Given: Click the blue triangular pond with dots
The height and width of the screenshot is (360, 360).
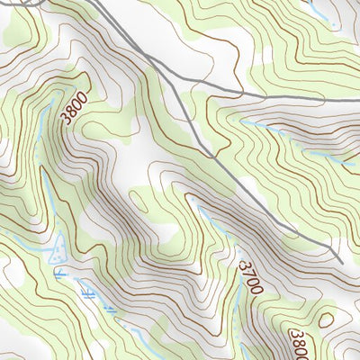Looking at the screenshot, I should pos(58,247).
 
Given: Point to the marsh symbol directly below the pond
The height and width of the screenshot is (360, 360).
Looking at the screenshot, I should pos(59,271).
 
